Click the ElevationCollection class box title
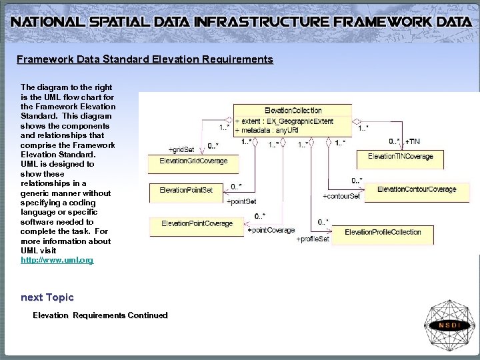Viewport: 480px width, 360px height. point(293,110)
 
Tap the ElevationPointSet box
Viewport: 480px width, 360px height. point(186,190)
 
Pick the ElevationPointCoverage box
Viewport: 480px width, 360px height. point(197,223)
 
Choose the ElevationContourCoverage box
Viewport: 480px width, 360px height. point(417,189)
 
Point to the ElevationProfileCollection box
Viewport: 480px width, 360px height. point(383,232)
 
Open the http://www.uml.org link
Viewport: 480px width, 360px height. point(57,260)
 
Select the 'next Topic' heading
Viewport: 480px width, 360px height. point(47,297)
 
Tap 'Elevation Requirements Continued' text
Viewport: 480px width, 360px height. point(100,315)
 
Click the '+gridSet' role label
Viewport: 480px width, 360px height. point(181,149)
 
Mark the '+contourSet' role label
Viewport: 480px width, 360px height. point(341,196)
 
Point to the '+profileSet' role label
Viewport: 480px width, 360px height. point(312,239)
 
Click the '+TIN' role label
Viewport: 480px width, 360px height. point(412,141)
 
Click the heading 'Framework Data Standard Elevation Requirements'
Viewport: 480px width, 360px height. point(145,59)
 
